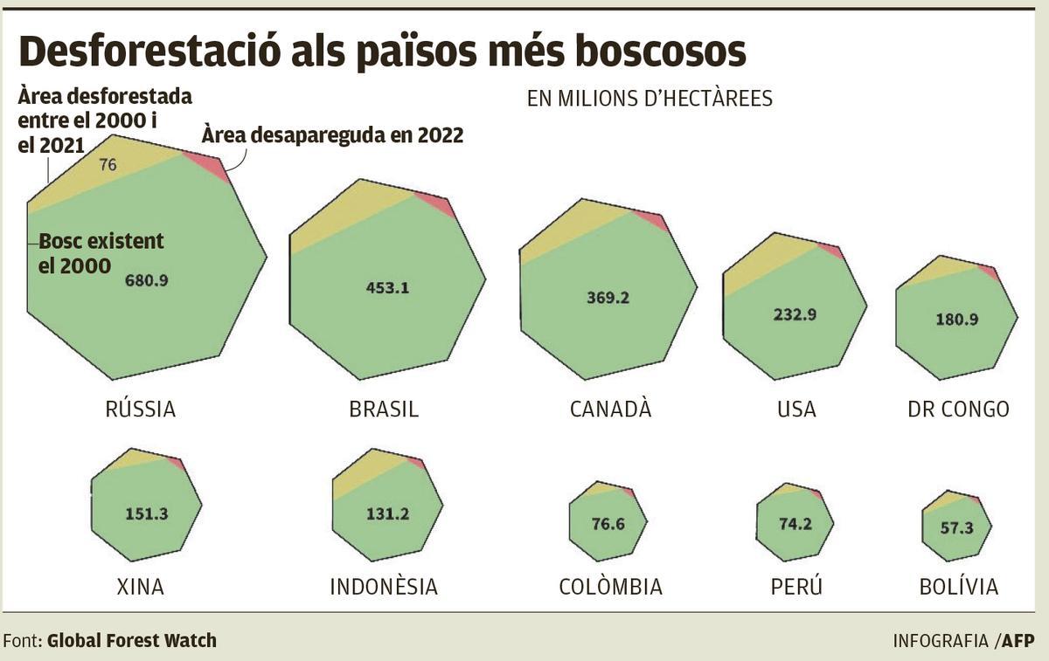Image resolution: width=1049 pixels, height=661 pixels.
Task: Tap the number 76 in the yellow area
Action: (x=108, y=164)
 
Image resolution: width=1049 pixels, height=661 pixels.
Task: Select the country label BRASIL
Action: (x=384, y=409)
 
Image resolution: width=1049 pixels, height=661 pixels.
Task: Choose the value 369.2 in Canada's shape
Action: (x=608, y=297)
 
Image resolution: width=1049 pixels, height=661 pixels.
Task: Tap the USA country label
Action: (x=795, y=409)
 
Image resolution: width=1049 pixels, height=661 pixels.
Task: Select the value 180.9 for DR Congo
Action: (x=956, y=319)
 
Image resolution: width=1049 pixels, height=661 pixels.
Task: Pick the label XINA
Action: (x=140, y=586)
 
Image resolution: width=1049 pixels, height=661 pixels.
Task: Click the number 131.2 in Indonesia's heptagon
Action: (x=387, y=514)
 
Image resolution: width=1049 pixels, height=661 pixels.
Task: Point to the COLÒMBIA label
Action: (x=610, y=586)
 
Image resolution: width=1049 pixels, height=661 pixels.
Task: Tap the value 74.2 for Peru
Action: (x=795, y=524)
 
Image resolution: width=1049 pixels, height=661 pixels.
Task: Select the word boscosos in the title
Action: (x=650, y=52)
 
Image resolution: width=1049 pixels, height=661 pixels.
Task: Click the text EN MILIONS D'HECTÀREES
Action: (x=650, y=99)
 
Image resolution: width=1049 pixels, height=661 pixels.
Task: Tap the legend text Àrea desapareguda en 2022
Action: (x=331, y=135)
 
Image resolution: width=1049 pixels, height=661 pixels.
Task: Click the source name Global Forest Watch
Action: (x=131, y=640)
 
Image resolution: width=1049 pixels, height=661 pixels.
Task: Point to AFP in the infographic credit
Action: (x=1018, y=640)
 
